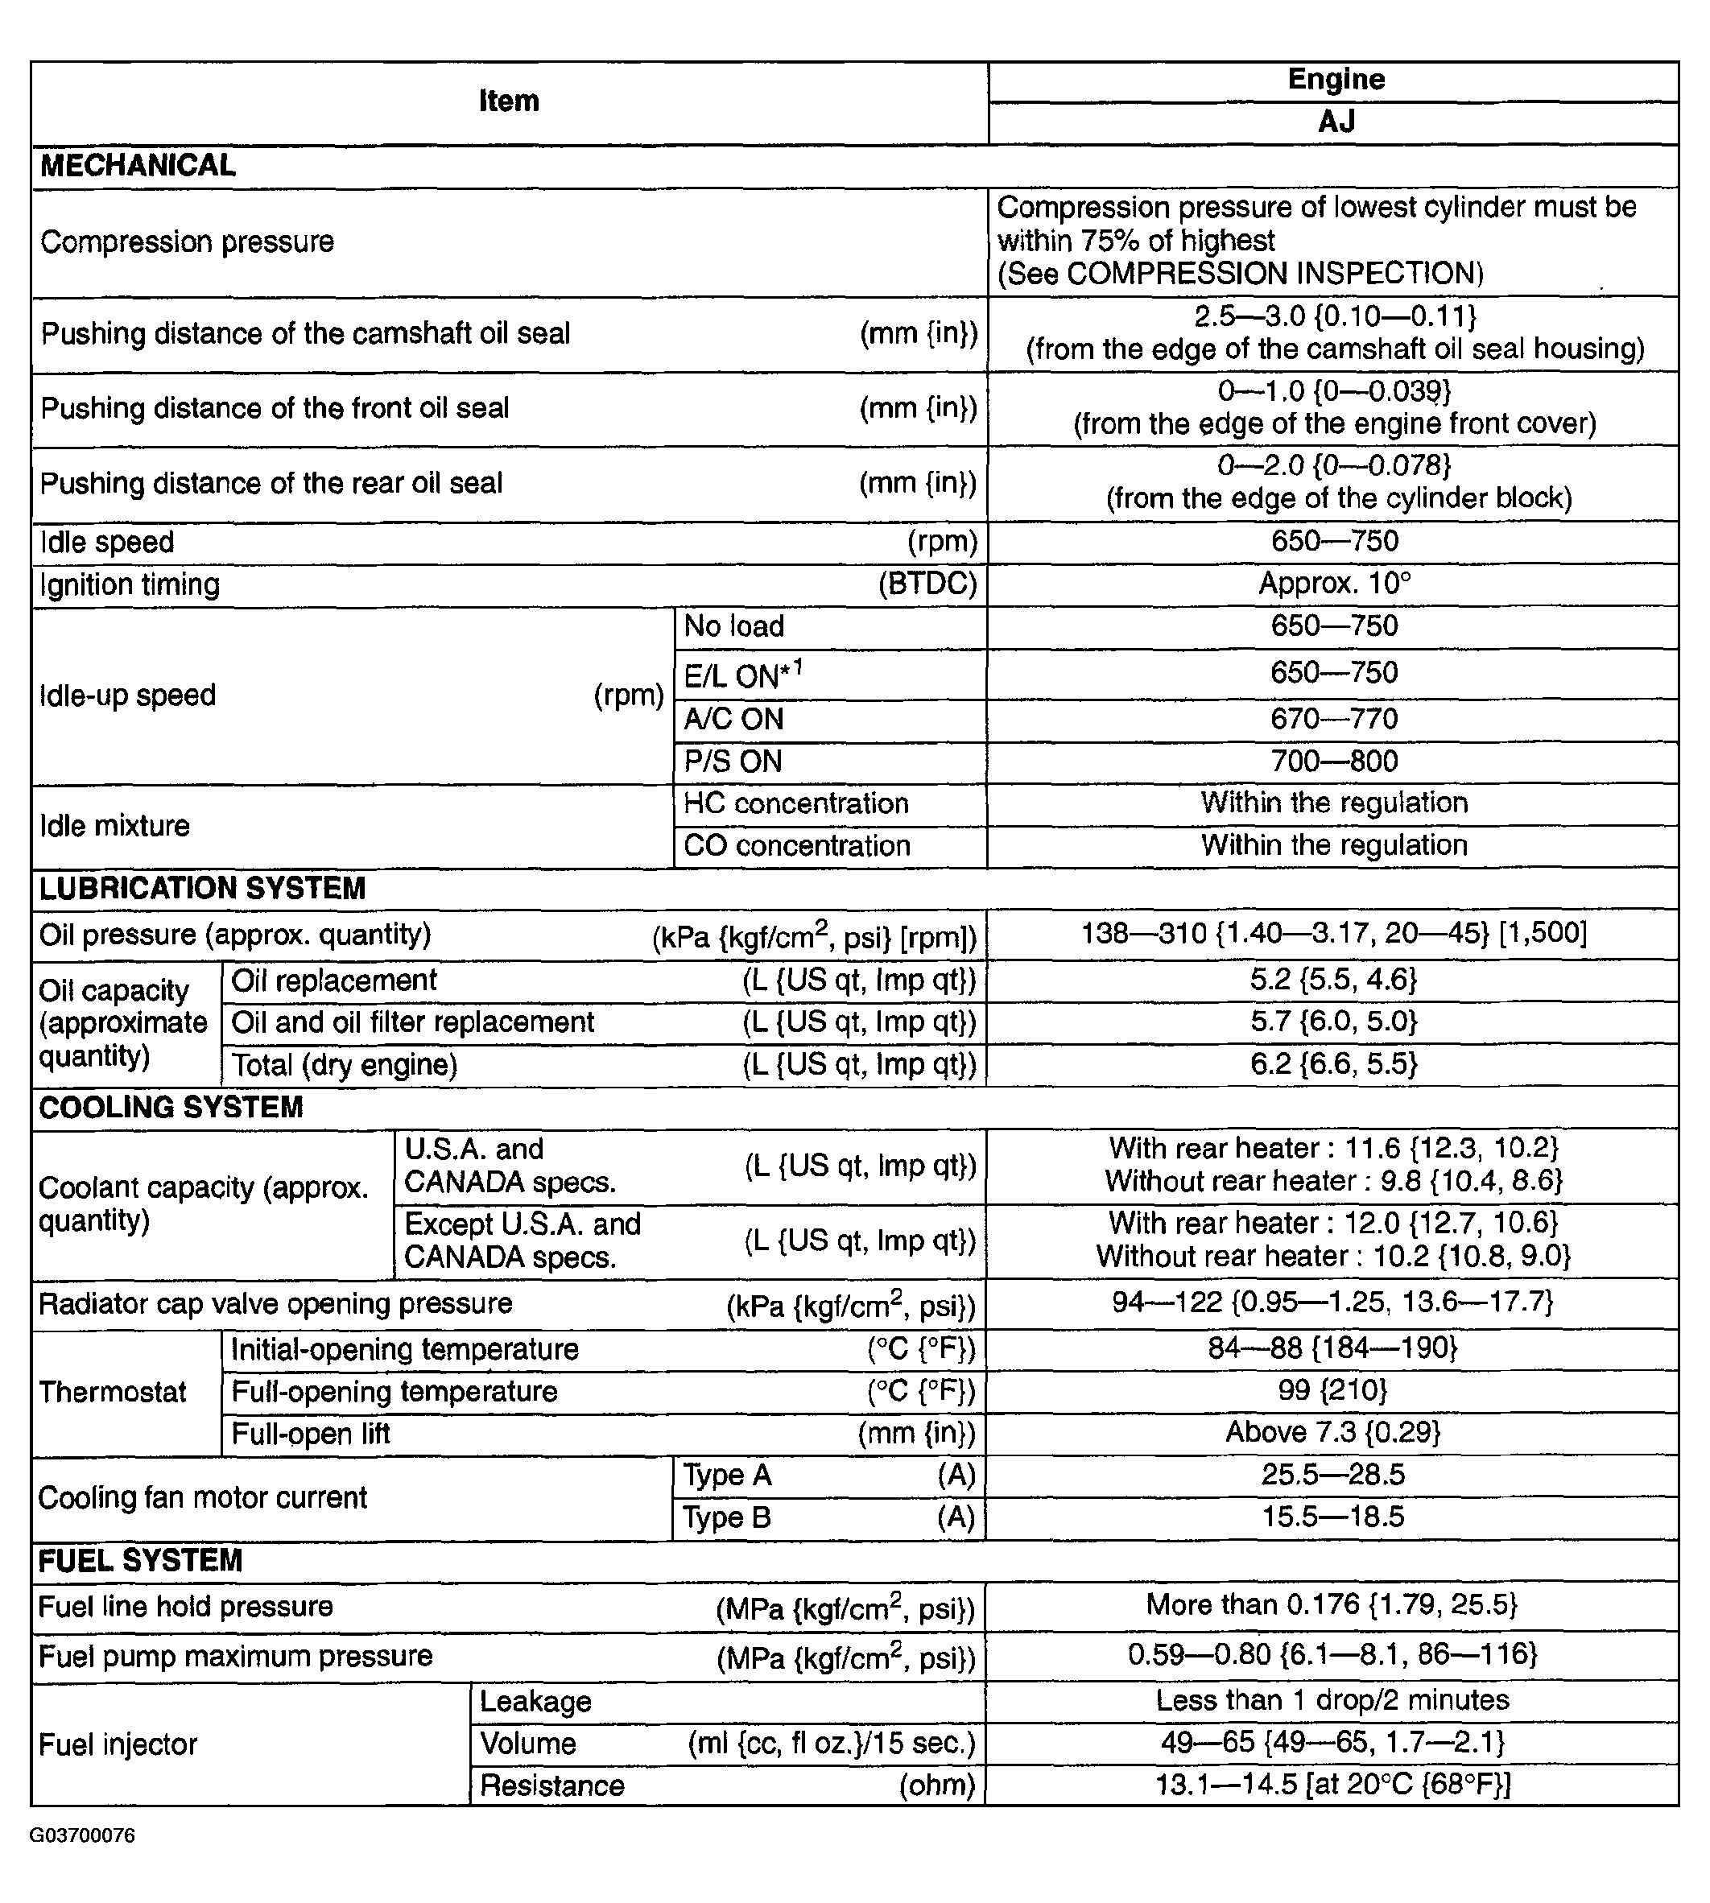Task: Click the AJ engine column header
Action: (1335, 122)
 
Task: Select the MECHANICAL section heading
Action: (138, 167)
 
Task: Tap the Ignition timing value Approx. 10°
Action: (1334, 584)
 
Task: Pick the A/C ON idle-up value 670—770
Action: (1334, 720)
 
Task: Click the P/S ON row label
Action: (733, 762)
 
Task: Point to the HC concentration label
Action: (795, 804)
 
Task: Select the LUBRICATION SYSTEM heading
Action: (202, 889)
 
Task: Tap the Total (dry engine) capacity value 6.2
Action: (1333, 1064)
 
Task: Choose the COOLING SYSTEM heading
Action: (171, 1108)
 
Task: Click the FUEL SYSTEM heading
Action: (140, 1561)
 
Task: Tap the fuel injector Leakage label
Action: (535, 1702)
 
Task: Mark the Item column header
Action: (508, 101)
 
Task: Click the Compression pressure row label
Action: (187, 242)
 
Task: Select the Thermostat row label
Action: (113, 1392)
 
